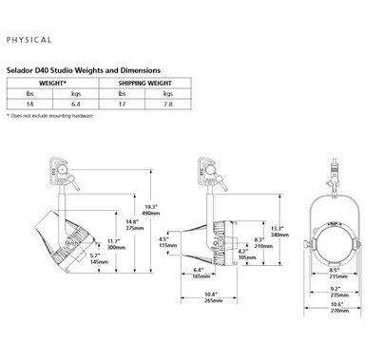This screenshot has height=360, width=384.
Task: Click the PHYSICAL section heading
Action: tap(29, 41)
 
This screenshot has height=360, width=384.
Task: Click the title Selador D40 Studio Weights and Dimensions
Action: tap(84, 71)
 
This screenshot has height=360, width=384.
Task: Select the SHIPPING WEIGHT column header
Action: tap(145, 84)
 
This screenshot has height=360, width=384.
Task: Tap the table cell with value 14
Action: tap(29, 104)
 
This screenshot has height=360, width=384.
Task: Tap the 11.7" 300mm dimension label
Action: tap(115, 245)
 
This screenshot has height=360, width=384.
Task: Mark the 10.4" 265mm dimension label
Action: tap(211, 297)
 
